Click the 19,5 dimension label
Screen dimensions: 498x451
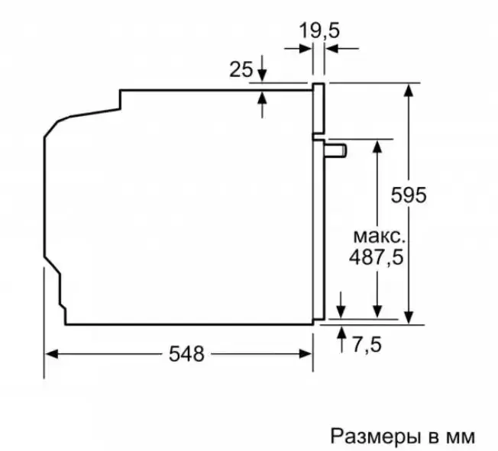click(x=319, y=31)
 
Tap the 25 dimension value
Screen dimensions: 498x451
click(x=241, y=69)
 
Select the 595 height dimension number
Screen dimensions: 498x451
click(x=409, y=195)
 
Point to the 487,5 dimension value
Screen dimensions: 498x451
click(x=377, y=257)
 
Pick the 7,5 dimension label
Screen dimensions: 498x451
click(x=367, y=345)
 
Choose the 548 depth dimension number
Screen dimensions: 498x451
click(x=186, y=354)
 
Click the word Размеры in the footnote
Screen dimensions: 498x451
click(x=373, y=437)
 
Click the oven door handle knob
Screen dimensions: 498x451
click(x=335, y=150)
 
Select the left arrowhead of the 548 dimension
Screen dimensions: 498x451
click(x=51, y=354)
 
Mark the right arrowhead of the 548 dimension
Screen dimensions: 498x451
click(x=306, y=354)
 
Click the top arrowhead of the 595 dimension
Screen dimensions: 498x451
click(x=409, y=89)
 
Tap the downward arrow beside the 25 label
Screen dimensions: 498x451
click(x=262, y=69)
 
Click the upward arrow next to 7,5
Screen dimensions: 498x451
click(x=341, y=340)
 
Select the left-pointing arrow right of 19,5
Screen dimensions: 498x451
click(x=341, y=49)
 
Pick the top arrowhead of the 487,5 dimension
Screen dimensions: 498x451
click(x=377, y=147)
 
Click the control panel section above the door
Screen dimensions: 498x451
click(x=319, y=108)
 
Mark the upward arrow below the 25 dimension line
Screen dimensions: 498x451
click(x=262, y=105)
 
